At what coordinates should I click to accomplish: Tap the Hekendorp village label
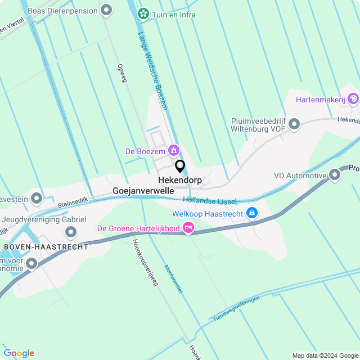180,180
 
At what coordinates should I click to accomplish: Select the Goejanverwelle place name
143,191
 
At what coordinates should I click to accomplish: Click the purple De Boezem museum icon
174,150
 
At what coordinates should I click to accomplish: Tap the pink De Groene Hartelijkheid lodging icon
188,228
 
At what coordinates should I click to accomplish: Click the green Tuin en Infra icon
143,14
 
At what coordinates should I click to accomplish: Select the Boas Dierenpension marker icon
106,11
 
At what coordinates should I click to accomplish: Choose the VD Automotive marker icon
335,175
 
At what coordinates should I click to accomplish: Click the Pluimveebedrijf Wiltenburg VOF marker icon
295,125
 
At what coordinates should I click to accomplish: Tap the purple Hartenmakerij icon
353,100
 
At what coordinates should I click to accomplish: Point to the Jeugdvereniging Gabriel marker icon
71,232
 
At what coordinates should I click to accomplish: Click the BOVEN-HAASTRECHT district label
46,247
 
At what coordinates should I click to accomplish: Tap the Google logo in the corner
19,353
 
